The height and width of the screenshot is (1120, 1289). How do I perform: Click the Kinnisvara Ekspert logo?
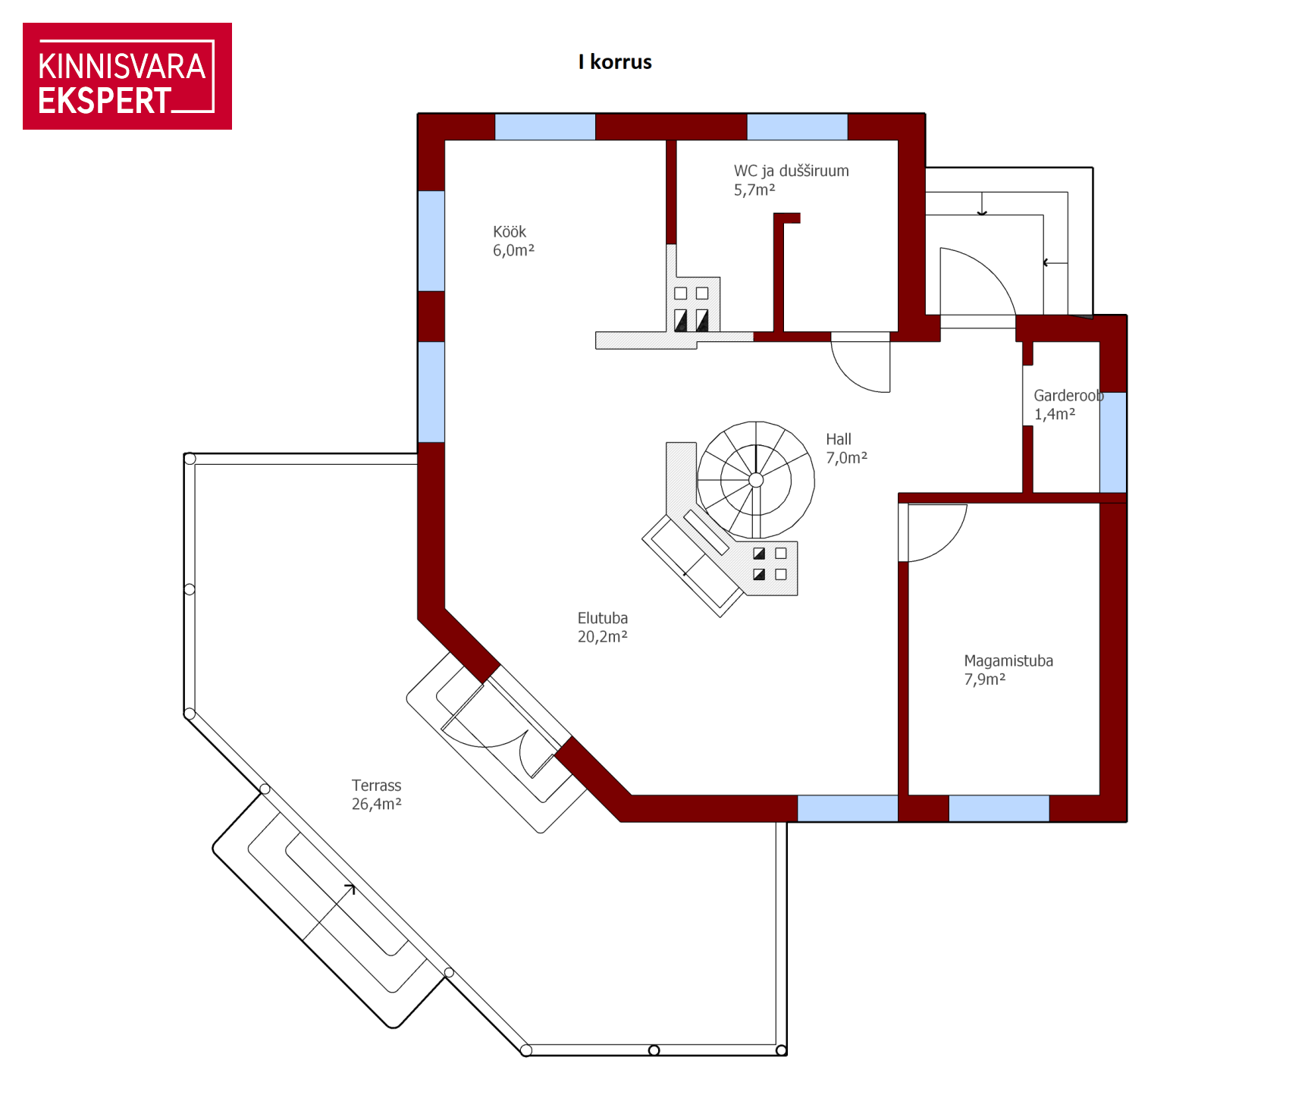127,76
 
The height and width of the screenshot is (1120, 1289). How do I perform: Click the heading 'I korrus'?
615,62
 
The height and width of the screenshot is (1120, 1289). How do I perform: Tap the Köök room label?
510,232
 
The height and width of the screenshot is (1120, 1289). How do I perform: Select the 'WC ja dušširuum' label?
792,171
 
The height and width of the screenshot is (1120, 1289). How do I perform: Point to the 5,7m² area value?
754,190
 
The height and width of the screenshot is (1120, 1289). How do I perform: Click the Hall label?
839,440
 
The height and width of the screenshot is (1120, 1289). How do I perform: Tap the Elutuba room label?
603,619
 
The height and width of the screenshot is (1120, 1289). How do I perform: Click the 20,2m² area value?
603,637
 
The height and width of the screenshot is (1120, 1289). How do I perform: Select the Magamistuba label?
1008,661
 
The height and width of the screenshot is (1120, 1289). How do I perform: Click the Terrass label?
377,786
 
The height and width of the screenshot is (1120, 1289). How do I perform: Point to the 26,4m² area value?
377,805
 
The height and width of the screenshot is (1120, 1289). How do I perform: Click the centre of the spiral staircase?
756,480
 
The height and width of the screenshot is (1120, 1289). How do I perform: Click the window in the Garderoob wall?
1113,443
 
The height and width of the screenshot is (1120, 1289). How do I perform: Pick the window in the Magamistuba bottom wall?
999,808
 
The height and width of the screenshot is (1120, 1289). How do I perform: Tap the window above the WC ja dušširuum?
797,127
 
